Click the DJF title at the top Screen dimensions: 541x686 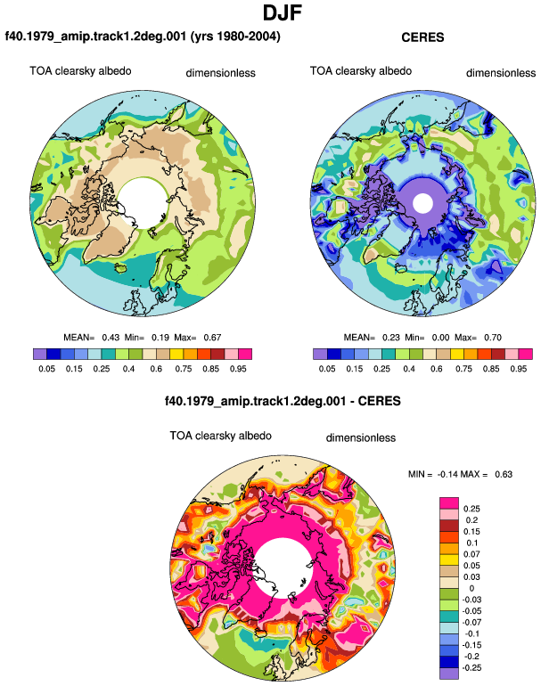pyautogui.click(x=283, y=12)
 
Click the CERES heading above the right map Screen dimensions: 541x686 pyautogui.click(x=422, y=37)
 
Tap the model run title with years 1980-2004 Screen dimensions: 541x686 pyautogui.click(x=143, y=36)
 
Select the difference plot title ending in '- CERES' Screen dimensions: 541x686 pyautogui.click(x=283, y=401)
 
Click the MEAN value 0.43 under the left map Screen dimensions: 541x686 pyautogui.click(x=111, y=338)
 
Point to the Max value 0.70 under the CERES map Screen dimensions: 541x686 pyautogui.click(x=493, y=338)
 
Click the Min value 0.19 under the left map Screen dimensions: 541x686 pyautogui.click(x=160, y=338)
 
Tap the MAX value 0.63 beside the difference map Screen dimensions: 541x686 pyautogui.click(x=504, y=474)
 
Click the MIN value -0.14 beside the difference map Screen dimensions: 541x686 pyautogui.click(x=447, y=474)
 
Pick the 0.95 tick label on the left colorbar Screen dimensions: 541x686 pyautogui.click(x=238, y=369)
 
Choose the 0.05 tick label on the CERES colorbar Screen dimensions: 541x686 pyautogui.click(x=327, y=369)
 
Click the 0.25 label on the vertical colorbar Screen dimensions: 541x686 pyautogui.click(x=471, y=509)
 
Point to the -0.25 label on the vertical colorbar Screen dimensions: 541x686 pyautogui.click(x=471, y=668)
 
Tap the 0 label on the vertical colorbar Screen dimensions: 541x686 pyautogui.click(x=471, y=588)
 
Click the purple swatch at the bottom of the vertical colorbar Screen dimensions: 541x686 pyautogui.click(x=449, y=674)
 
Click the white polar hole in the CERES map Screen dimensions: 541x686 pyautogui.click(x=422, y=203)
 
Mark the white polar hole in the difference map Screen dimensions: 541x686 pyautogui.click(x=283, y=568)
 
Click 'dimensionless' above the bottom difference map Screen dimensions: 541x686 pyautogui.click(x=361, y=438)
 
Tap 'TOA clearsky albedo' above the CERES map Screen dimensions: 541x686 pyautogui.click(x=361, y=71)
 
